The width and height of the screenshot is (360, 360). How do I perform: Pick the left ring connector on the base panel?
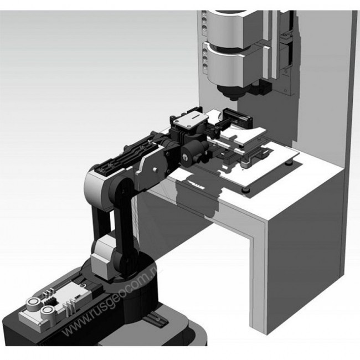click(x=32, y=304)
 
